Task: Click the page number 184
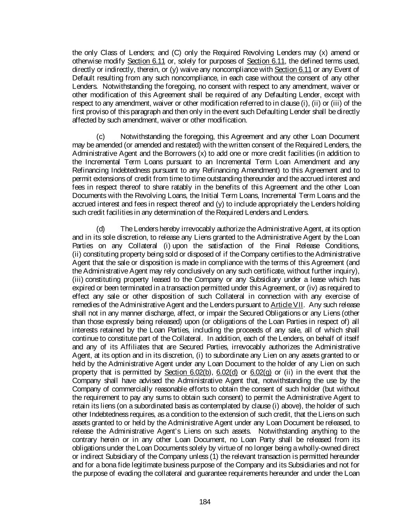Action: pyautogui.click(x=205, y=502)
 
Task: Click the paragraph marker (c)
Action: pyautogui.click(x=100, y=137)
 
